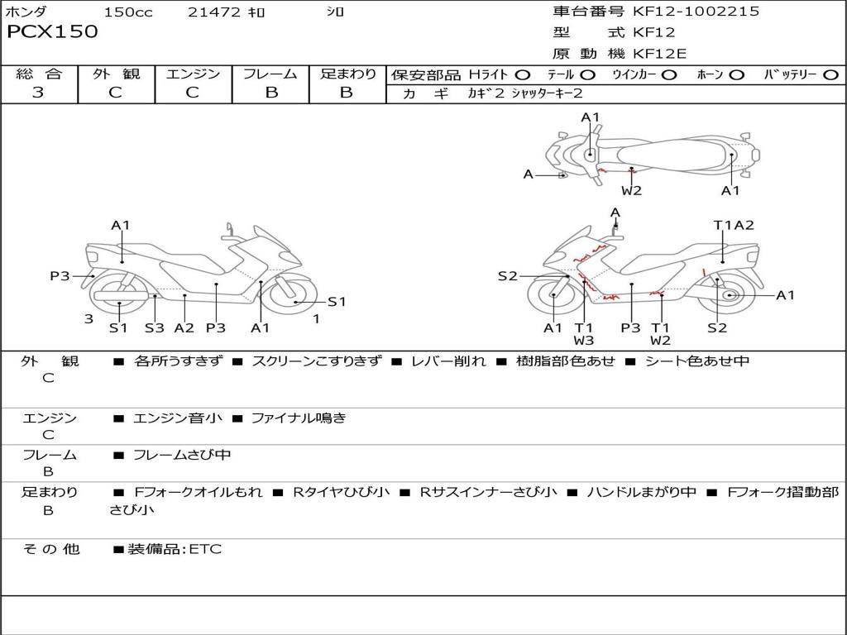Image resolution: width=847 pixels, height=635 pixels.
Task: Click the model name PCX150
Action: [52, 32]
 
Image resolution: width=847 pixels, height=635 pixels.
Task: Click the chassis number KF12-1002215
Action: [696, 12]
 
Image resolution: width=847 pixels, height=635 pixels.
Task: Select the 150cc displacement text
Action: [128, 12]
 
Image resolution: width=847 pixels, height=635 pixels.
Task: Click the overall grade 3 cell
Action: [38, 93]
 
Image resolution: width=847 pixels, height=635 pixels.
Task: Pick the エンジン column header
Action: [193, 74]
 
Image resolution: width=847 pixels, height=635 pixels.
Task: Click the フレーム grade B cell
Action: [270, 93]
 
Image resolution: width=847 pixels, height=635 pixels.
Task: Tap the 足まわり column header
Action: [347, 74]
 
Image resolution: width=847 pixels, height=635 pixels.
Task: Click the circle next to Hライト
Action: [523, 75]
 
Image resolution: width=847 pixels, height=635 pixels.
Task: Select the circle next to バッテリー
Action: [830, 75]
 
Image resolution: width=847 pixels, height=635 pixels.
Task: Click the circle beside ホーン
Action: [737, 75]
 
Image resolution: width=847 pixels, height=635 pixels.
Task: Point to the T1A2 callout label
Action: [734, 225]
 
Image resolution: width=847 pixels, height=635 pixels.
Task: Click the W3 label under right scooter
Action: [584, 341]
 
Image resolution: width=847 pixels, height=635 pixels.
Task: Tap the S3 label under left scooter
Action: [155, 327]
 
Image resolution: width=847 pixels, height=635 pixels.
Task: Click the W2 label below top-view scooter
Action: [632, 191]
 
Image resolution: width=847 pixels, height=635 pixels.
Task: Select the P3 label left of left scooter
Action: [60, 276]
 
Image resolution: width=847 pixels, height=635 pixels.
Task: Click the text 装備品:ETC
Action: [175, 549]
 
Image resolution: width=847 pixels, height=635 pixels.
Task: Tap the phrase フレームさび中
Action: [182, 455]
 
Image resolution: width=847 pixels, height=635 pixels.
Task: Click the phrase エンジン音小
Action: [178, 418]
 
